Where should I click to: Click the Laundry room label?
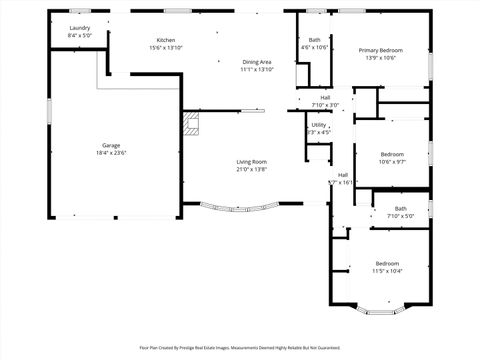coord(79,28)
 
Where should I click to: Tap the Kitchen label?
coord(166,40)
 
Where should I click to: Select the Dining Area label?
coord(257,62)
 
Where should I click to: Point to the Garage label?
coord(110,145)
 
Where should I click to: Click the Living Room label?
coord(251,161)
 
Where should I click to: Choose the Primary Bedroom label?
coord(380,49)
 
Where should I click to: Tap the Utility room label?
coord(319,125)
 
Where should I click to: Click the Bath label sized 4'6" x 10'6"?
coord(315,40)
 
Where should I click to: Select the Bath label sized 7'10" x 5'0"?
coord(385,208)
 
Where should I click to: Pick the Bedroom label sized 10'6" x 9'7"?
coord(392,153)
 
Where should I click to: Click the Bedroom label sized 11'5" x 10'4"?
coord(386,263)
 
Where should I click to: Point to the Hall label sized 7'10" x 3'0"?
coord(325,97)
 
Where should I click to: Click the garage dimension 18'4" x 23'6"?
coord(110,153)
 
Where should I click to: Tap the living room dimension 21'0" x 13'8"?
coord(251,169)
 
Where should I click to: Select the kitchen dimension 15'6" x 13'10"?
coord(166,48)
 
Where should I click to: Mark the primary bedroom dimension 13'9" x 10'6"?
coord(380,57)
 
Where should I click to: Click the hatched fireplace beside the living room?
coord(191,124)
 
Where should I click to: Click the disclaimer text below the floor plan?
coord(240,348)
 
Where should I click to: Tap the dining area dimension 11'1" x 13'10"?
coord(257,70)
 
